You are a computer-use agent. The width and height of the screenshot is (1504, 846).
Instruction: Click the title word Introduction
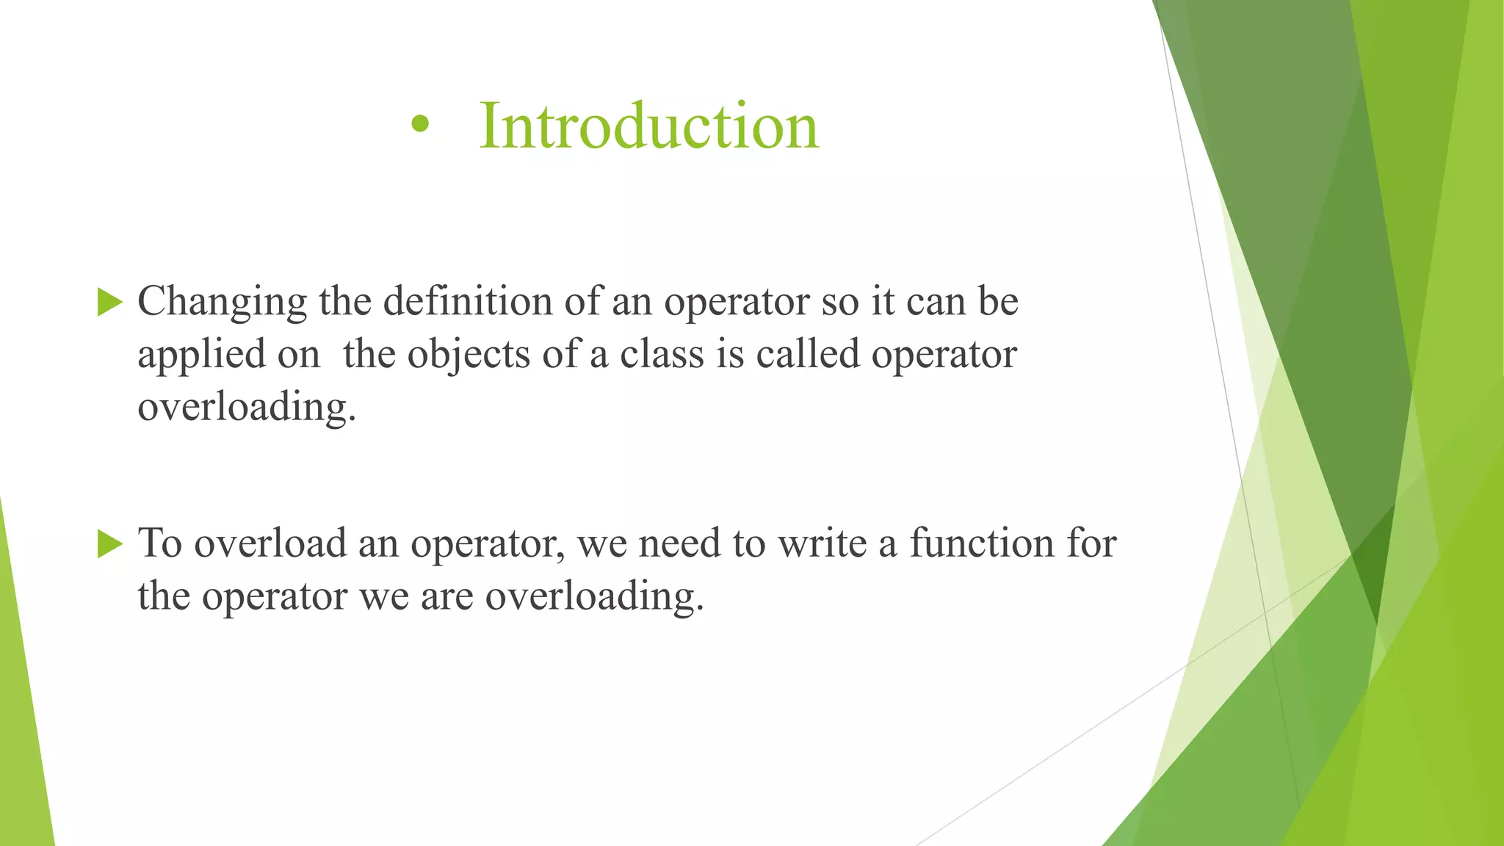click(x=648, y=126)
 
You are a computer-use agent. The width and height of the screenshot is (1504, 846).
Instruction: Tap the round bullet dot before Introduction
click(x=419, y=125)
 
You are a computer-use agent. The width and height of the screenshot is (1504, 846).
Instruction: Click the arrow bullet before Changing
click(x=109, y=302)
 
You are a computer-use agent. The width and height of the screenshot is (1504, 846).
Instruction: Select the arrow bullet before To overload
click(x=109, y=544)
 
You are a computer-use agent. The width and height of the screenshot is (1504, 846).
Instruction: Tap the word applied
click(x=201, y=355)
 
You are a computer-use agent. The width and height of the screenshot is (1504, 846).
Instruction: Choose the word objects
click(x=469, y=355)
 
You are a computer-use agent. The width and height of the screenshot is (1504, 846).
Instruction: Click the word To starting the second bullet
click(x=159, y=543)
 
